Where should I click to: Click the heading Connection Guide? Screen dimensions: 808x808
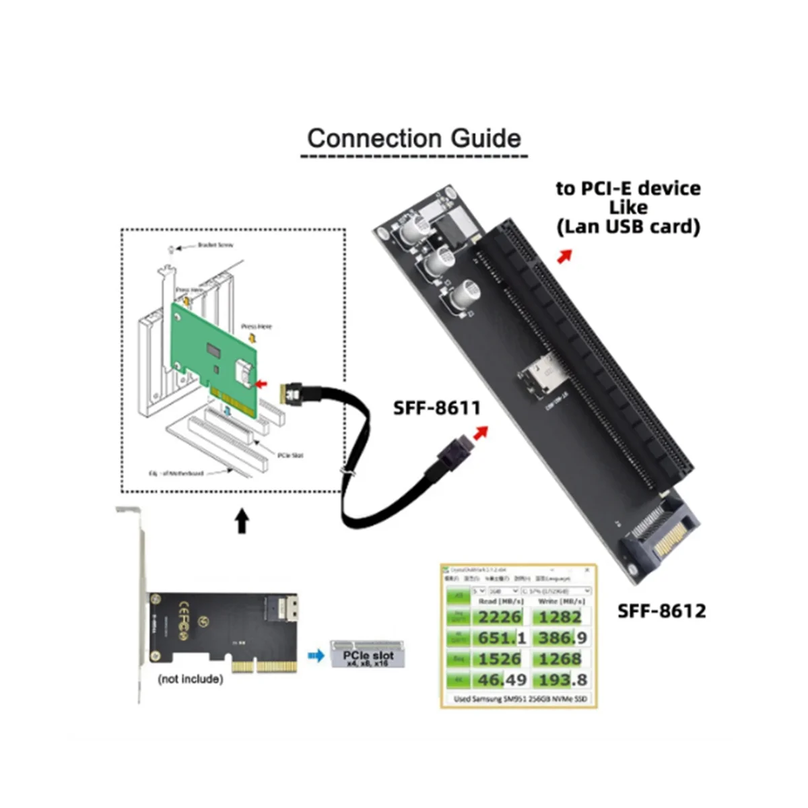click(x=413, y=138)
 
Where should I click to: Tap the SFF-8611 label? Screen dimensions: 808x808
click(x=437, y=408)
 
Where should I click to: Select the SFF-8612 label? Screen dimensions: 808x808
click(x=663, y=611)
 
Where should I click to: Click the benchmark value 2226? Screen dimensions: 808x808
click(x=499, y=617)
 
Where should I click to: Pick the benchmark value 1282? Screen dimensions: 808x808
click(x=560, y=617)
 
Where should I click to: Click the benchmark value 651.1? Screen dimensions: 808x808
click(x=499, y=638)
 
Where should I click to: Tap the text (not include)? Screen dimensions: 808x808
click(x=190, y=679)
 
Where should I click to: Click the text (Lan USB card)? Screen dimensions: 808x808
click(x=628, y=227)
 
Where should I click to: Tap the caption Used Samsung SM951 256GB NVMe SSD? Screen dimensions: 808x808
click(x=520, y=699)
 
